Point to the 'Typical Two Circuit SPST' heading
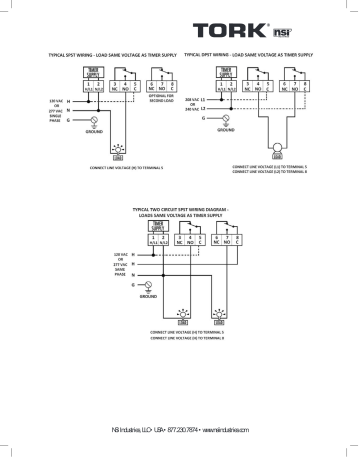[181, 212]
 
